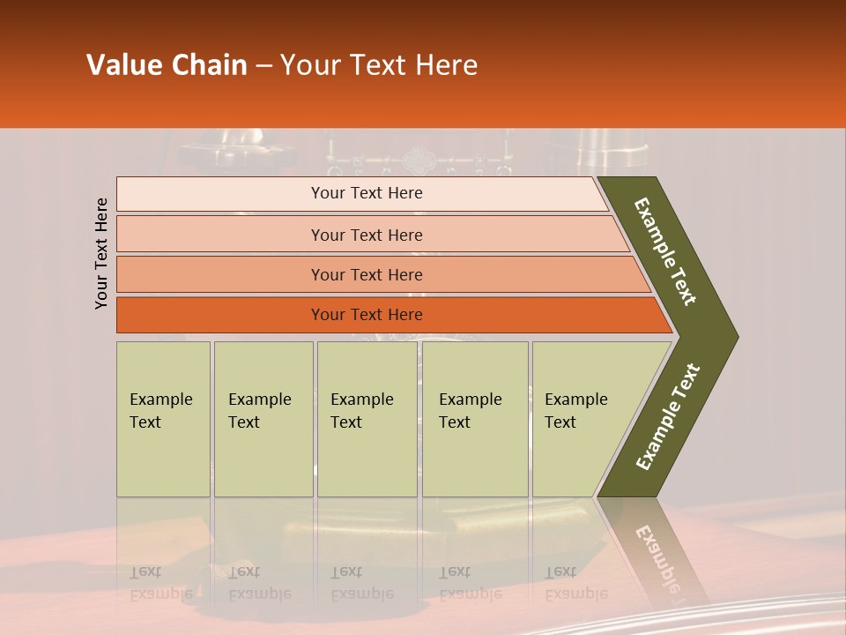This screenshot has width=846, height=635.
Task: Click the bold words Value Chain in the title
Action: pos(167,65)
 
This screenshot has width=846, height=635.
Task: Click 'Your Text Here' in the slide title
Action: pos(379,65)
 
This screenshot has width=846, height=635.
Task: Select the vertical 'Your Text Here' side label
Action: pos(102,253)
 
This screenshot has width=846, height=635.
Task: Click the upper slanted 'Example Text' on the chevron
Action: pos(665,251)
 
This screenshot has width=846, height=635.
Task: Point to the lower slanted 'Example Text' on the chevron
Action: pos(667,417)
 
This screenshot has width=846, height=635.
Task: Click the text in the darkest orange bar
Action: pos(367,315)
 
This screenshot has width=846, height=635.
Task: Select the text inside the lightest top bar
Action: pos(367,193)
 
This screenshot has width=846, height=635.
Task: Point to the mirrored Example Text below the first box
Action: pos(161,583)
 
